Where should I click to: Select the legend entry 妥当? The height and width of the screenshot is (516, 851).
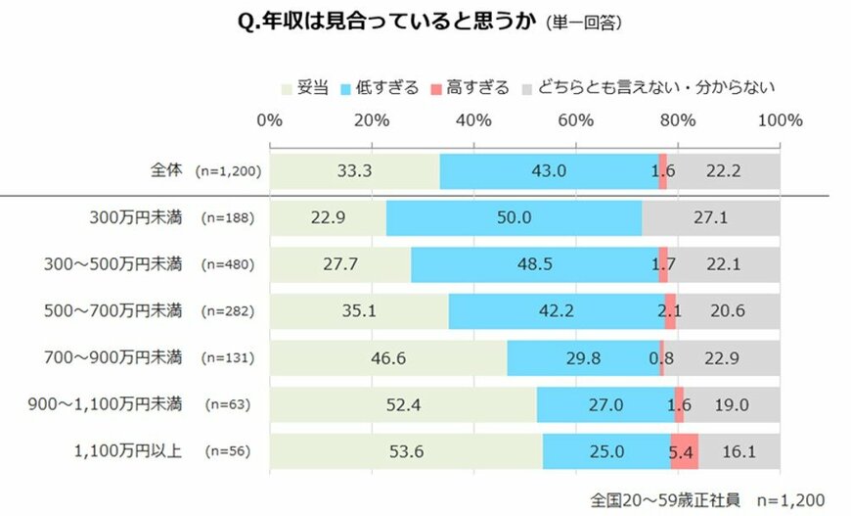pyautogui.click(x=310, y=87)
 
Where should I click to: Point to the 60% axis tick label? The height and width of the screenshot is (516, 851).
pyautogui.click(x=575, y=121)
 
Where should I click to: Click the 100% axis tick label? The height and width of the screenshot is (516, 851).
pyautogui.click(x=780, y=121)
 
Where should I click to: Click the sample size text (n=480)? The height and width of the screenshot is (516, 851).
pyautogui.click(x=227, y=264)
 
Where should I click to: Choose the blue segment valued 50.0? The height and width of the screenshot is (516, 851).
pyautogui.click(x=514, y=217)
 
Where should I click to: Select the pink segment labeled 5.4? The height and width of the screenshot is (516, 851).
pyautogui.click(x=684, y=451)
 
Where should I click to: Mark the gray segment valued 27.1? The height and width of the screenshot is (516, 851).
pyautogui.click(x=711, y=217)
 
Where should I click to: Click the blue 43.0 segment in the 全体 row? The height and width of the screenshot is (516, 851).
pyautogui.click(x=549, y=171)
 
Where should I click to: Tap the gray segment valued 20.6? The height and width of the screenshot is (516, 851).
pyautogui.click(x=728, y=311)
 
